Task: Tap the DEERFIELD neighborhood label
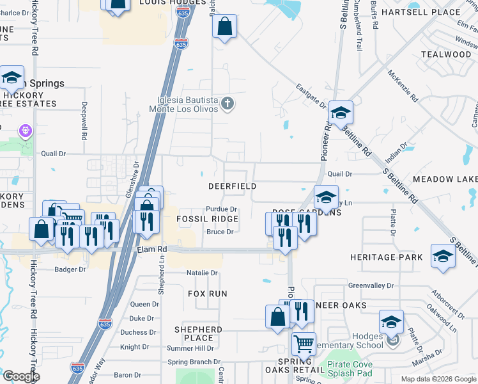click(x=233, y=186)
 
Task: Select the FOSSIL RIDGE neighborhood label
click(x=207, y=219)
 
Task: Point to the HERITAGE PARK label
click(x=386, y=257)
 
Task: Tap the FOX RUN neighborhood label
click(x=208, y=293)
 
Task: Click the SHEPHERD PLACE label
click(x=198, y=333)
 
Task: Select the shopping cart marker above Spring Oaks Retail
click(x=304, y=343)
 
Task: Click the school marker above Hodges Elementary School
click(x=391, y=321)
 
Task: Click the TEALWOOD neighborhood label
click(x=446, y=54)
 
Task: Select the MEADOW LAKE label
click(x=445, y=179)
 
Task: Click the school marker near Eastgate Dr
click(x=341, y=113)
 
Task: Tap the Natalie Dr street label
click(x=202, y=273)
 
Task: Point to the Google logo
click(x=21, y=376)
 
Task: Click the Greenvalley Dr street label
click(x=371, y=285)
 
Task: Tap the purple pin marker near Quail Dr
click(x=26, y=132)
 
